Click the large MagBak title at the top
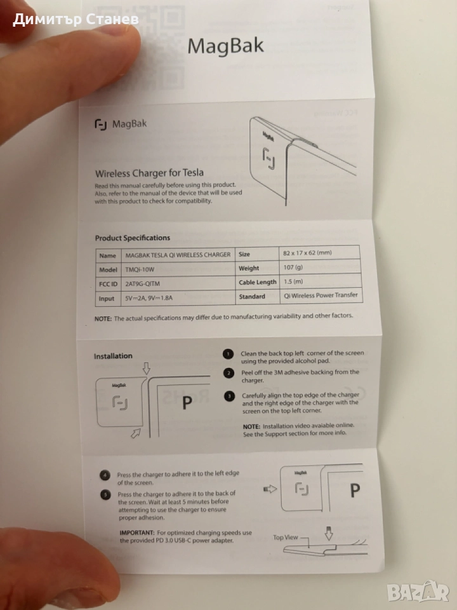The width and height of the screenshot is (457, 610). [x=225, y=46]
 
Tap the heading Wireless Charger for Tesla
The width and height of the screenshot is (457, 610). [x=150, y=173]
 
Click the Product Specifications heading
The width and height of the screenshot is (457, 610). [x=133, y=238]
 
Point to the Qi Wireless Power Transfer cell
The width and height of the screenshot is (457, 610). [x=321, y=295]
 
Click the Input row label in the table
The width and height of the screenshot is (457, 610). [x=107, y=299]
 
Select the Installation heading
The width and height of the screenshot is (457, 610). [x=113, y=356]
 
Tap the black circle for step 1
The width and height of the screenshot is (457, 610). [x=228, y=354]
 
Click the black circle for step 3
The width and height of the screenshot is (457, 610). [x=229, y=396]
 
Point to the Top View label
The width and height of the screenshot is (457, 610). [x=285, y=538]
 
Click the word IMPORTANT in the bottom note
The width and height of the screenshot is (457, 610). [x=137, y=532]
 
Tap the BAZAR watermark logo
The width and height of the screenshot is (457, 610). [x=418, y=592]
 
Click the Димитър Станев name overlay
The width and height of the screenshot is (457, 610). [x=76, y=19]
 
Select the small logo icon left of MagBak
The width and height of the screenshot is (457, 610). [x=101, y=125]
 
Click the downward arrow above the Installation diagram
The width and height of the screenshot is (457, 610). [x=146, y=368]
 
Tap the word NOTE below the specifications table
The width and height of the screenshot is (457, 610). [x=103, y=318]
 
